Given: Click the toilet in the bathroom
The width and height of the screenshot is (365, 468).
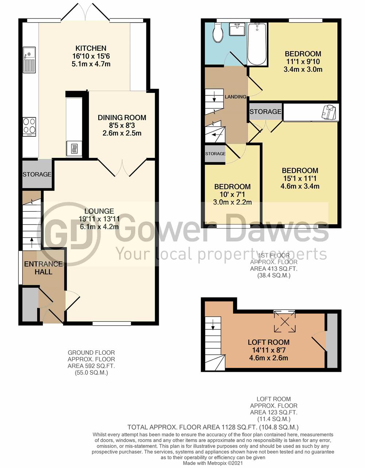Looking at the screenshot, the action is click(x=217, y=33).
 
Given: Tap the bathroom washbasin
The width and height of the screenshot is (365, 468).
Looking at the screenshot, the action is click(x=237, y=29).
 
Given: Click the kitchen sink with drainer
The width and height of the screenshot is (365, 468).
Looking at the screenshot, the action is click(x=30, y=60).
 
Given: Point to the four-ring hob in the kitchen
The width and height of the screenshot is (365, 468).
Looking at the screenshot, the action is click(x=30, y=127).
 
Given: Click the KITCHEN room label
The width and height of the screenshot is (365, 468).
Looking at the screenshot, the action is click(x=91, y=48).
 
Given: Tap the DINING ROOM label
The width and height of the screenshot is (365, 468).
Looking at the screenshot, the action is click(x=122, y=118).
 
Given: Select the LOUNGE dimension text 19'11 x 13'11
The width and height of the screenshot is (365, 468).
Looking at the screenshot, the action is click(x=99, y=219).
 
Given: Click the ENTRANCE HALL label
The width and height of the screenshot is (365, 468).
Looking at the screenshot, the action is click(x=43, y=268).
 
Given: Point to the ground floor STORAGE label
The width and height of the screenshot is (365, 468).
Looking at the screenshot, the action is click(x=37, y=174).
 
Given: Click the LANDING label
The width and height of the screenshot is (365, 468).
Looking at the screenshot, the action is click(x=235, y=97).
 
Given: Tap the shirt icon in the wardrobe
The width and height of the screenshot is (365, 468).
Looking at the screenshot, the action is click(x=329, y=112).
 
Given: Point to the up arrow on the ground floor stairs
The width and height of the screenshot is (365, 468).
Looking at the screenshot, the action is click(x=32, y=242).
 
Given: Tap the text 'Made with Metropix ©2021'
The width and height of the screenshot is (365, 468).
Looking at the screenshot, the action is click(x=213, y=463).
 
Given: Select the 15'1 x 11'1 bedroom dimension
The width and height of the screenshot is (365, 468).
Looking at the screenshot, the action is click(x=300, y=178).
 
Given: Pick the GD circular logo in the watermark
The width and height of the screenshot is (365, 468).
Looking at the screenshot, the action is click(x=68, y=234).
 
